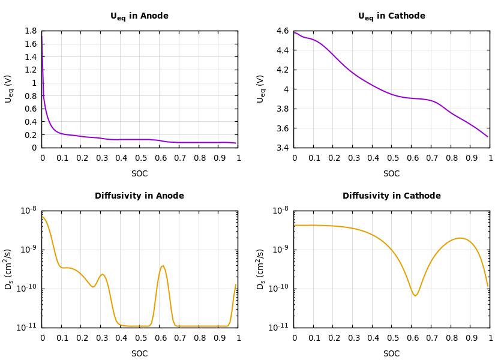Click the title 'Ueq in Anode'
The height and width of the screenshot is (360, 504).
[x=139, y=16]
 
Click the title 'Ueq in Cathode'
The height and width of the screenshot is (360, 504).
[x=391, y=16]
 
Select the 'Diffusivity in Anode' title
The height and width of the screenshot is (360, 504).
[x=139, y=196]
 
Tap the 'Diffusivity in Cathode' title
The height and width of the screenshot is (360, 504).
[x=391, y=196]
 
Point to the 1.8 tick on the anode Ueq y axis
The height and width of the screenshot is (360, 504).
[x=30, y=31]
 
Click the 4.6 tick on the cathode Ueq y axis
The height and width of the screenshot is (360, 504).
[x=282, y=31]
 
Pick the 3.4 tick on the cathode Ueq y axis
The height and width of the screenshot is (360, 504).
[x=282, y=148]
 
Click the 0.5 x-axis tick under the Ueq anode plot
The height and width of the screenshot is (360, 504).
[x=140, y=158]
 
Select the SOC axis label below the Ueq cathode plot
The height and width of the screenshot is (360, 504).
[x=391, y=173]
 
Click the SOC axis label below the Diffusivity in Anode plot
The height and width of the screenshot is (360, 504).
[x=139, y=353]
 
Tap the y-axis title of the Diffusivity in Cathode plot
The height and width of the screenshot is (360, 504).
[x=260, y=269]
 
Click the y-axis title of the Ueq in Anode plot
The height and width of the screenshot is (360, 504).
[x=8, y=89]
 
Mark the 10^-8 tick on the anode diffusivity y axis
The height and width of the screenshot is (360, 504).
[x=29, y=211]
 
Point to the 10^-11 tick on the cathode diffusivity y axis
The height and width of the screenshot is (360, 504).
[x=281, y=327]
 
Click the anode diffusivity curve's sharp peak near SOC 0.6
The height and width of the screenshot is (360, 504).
[x=163, y=265]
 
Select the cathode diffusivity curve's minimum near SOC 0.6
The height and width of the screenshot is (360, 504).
[x=415, y=296]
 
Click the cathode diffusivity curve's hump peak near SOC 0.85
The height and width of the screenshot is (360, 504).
[x=460, y=238]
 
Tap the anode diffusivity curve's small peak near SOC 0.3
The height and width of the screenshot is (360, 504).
[x=103, y=274]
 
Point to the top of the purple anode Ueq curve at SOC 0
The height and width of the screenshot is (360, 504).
[x=42, y=35]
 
